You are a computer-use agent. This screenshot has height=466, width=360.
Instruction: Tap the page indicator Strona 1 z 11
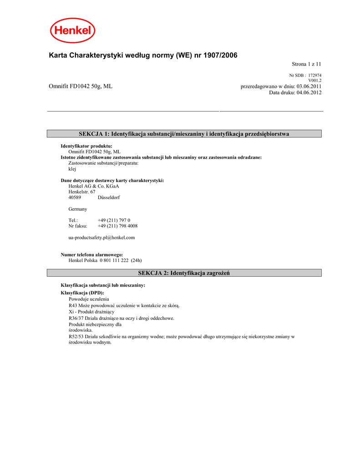click(x=306, y=65)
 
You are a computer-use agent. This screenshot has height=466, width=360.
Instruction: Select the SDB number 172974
click(x=315, y=75)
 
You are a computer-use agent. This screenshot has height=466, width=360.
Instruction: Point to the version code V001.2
click(x=315, y=81)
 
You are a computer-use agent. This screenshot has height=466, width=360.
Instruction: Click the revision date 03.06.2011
click(x=309, y=86)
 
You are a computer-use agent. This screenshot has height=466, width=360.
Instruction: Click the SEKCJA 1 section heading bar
click(x=184, y=134)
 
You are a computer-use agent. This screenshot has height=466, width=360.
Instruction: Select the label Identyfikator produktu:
click(x=86, y=146)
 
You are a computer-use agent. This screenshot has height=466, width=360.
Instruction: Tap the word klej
click(x=72, y=169)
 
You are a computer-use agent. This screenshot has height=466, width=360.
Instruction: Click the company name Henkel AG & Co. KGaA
click(x=90, y=186)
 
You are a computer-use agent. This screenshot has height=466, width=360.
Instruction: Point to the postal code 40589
click(x=75, y=198)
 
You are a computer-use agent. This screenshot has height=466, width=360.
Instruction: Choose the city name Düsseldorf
click(x=109, y=198)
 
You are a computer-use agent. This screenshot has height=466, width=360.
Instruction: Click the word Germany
click(x=78, y=209)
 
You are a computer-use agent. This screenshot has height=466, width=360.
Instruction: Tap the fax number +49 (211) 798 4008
click(x=117, y=226)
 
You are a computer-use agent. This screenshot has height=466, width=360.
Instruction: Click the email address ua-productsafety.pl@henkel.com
click(x=101, y=238)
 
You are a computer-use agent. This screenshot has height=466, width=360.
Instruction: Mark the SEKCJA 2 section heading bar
click(x=184, y=273)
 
